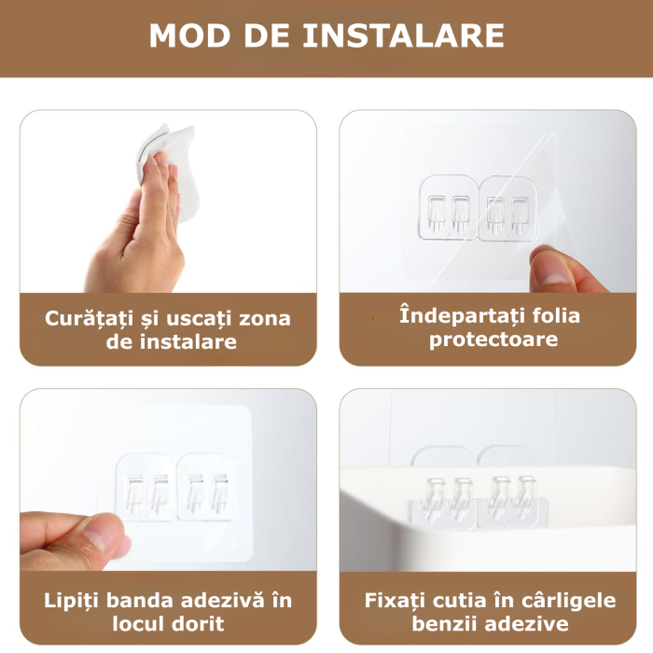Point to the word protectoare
[493, 340]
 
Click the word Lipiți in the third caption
[71, 599]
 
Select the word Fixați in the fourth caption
[393, 599]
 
